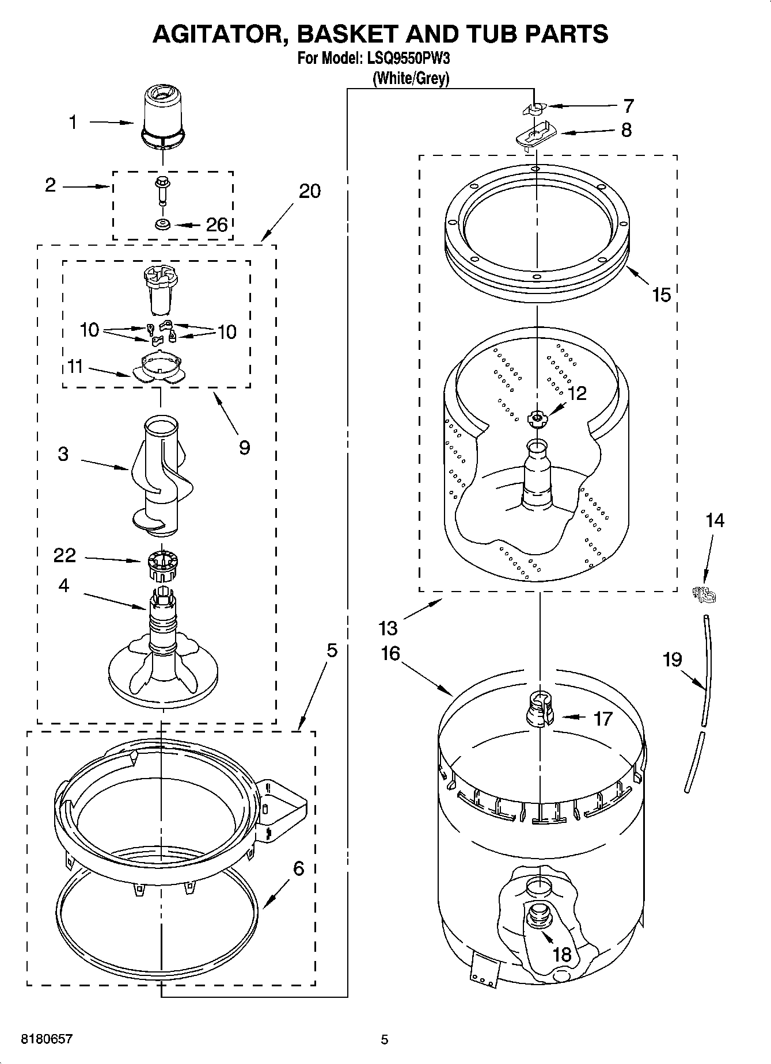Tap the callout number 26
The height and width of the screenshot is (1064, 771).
click(217, 225)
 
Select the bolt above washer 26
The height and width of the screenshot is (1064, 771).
click(162, 190)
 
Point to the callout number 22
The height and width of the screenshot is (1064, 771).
click(64, 555)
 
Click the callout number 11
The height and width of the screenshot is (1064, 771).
click(75, 367)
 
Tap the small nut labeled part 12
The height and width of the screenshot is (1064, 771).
click(537, 419)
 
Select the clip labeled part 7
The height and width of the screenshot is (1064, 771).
click(535, 108)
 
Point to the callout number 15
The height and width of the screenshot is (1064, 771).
click(661, 295)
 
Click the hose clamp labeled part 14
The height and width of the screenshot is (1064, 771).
click(703, 594)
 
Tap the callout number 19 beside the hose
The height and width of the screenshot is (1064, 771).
click(672, 659)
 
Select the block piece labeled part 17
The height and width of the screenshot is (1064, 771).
click(540, 709)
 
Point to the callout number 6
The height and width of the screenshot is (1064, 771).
click(298, 868)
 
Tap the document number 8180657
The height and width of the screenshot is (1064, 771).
click(47, 1039)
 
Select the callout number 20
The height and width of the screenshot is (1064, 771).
click(310, 191)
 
